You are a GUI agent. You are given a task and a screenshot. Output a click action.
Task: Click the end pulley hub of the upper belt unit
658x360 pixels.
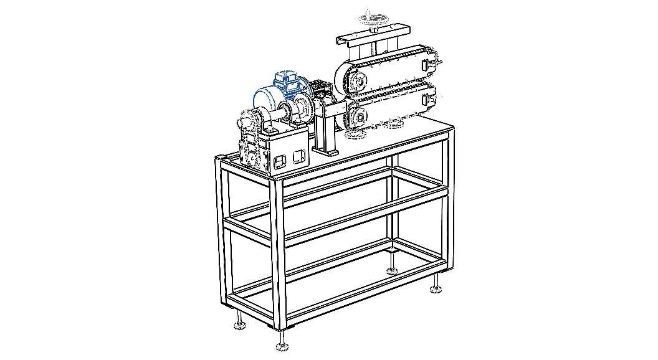[x=358, y=80]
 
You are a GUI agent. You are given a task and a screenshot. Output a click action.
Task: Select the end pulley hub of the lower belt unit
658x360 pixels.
[x=358, y=116]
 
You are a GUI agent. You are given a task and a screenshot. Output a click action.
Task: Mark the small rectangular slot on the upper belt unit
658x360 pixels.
[x=427, y=64]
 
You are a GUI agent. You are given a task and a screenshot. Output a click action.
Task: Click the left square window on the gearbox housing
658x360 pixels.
[x=280, y=161]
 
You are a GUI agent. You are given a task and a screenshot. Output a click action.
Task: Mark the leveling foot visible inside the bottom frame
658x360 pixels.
[x=392, y=270]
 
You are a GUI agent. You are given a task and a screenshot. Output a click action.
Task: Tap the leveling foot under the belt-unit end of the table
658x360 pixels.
[x=436, y=288]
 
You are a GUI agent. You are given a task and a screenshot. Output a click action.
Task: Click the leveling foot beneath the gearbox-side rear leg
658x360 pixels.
[x=239, y=324]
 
